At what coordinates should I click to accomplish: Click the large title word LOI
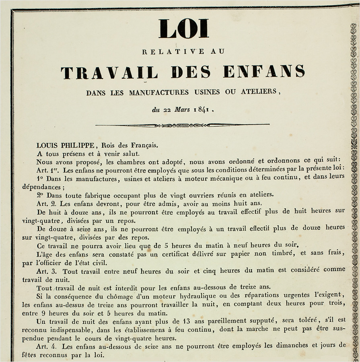pos(183,29)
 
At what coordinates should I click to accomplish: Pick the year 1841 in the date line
pos(204,109)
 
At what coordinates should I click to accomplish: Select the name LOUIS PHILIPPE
pos(62,145)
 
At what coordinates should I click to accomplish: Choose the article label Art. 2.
pos(45,204)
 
